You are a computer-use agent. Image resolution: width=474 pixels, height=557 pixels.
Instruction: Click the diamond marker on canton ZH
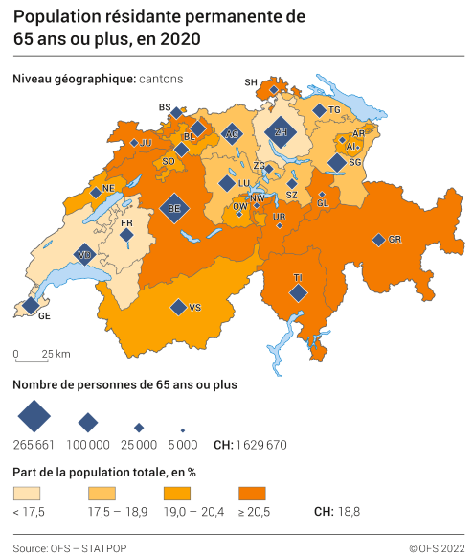(281, 132)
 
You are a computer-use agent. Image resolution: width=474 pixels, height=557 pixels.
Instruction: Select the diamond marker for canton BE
(174, 208)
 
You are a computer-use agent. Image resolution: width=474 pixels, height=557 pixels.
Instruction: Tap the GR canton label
(395, 240)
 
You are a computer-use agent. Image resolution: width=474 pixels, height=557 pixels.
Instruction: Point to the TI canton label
(298, 277)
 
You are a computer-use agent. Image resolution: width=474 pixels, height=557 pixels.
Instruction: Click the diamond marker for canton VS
(177, 307)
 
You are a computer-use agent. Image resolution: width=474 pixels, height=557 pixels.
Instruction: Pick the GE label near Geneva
(43, 315)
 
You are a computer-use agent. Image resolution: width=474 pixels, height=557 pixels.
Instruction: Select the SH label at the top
(252, 83)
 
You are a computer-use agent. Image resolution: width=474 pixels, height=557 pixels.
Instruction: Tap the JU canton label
(147, 143)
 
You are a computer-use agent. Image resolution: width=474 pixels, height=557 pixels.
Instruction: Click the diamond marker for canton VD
(84, 255)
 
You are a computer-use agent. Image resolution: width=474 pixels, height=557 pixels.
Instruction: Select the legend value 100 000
(88, 444)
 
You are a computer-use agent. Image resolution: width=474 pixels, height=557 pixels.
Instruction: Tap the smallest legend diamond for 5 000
(183, 429)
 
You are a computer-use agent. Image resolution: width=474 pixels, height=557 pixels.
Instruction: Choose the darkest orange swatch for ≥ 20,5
(258, 494)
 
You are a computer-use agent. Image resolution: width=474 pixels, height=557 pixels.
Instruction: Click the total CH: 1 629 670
(250, 444)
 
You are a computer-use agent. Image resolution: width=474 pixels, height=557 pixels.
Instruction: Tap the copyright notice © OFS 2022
(437, 548)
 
